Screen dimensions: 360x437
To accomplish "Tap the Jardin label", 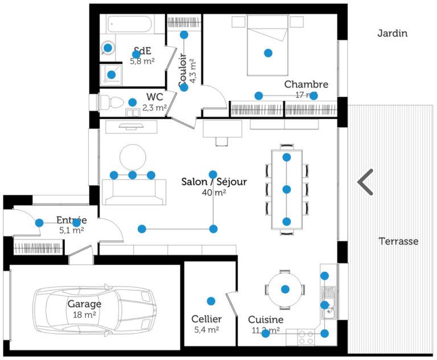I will pos(393,34).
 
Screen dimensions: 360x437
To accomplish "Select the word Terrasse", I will pos(398,242).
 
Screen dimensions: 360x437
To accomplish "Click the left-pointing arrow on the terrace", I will pos(365,182).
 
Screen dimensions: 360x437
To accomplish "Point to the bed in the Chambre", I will pos(267,46).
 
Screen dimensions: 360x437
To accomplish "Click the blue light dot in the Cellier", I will pos(211,301).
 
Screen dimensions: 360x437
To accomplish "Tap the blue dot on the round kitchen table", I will pos(286,289).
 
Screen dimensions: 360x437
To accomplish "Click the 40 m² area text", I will pos(214,193).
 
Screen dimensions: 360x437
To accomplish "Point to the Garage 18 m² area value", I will pos(84,314).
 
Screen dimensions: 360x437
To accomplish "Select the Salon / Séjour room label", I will pos(214,182).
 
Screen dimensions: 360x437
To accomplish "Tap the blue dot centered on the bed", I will pos(268,53).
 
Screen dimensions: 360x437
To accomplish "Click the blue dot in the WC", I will pos(133,103).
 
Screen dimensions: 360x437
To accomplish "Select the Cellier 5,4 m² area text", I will pos(206,329).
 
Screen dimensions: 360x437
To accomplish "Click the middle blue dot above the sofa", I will pos(133,175).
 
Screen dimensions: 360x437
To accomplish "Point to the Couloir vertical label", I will pos(183,71).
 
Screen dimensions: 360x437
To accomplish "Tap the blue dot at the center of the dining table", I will pos(287,189).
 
